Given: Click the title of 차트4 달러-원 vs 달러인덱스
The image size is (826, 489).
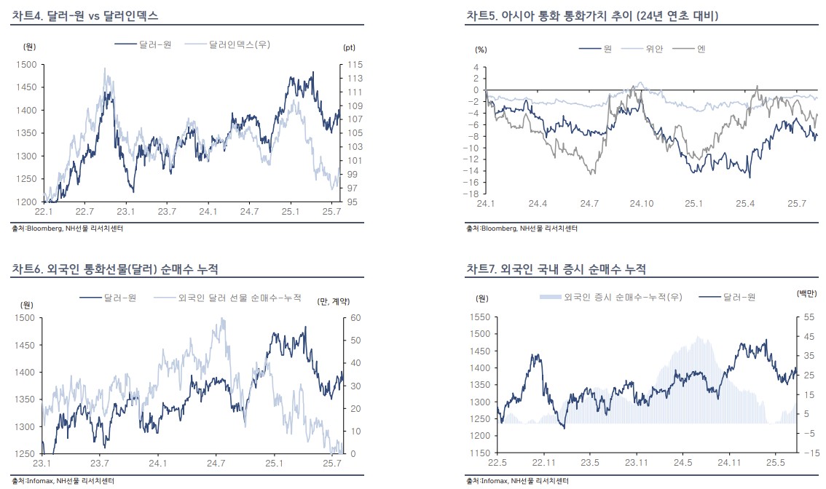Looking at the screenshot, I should click(x=85, y=15).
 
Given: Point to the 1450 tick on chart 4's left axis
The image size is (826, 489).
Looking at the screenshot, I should click(x=26, y=87).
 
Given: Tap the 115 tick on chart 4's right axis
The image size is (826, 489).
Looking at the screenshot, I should click(x=354, y=65).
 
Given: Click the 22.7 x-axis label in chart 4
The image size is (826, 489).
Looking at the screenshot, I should click(x=85, y=212).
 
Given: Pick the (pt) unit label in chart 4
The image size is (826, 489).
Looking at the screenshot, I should click(x=348, y=47).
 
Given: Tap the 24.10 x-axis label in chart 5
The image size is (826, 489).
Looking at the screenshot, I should click(x=641, y=204).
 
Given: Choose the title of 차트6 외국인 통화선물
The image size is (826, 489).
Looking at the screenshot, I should click(x=114, y=269).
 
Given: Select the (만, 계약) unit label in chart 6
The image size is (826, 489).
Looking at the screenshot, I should click(x=334, y=302).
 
